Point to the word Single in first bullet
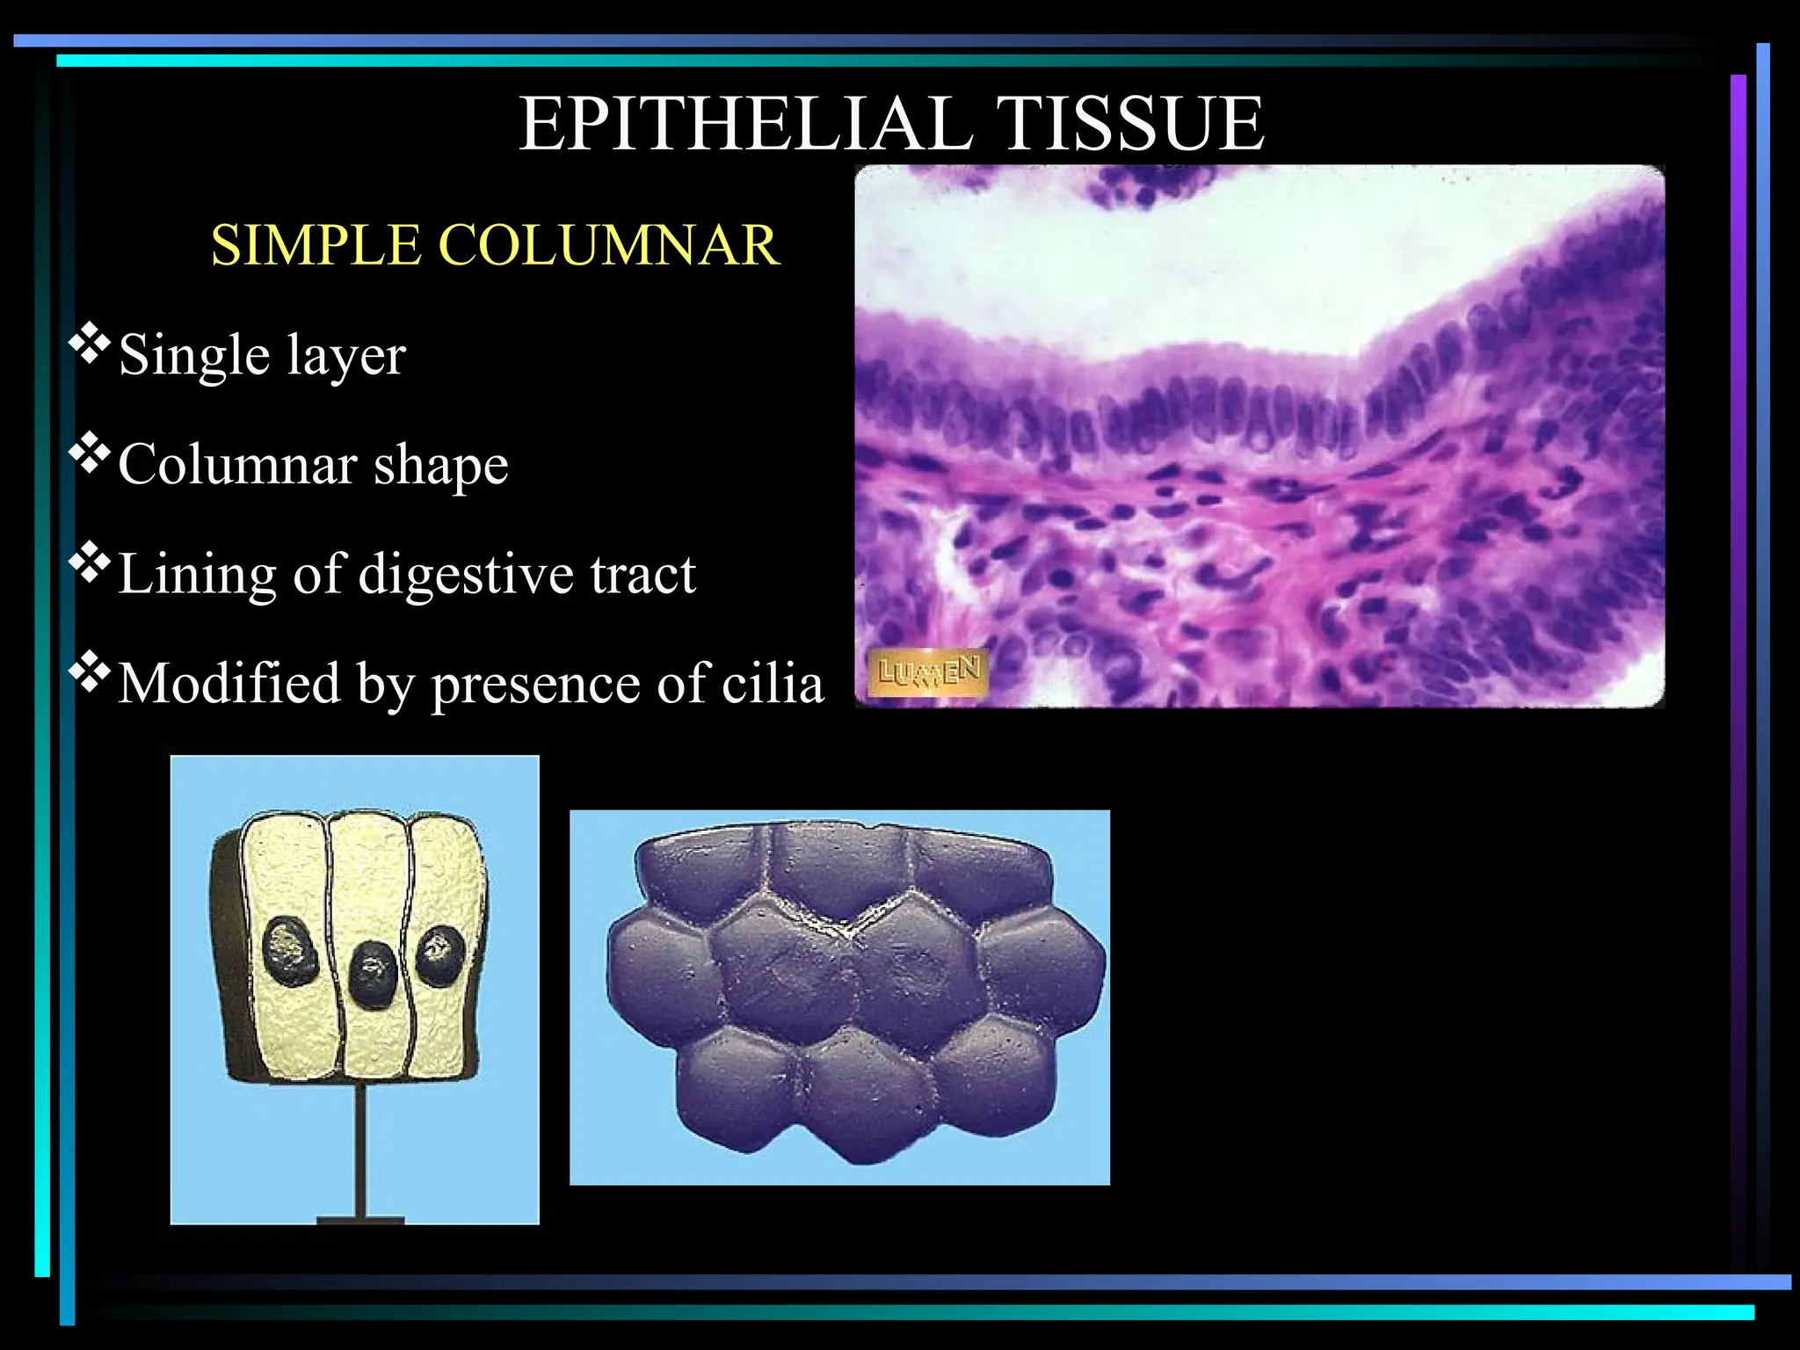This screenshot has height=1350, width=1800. tap(193, 356)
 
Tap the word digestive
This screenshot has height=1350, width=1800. tap(466, 576)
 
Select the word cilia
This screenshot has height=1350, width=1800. tap(773, 684)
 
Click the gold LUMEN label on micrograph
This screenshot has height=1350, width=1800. tap(928, 673)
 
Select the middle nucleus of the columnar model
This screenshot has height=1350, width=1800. tap(373, 973)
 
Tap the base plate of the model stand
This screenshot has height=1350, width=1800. tap(360, 1220)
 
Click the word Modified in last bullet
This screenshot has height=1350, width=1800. tap(229, 684)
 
